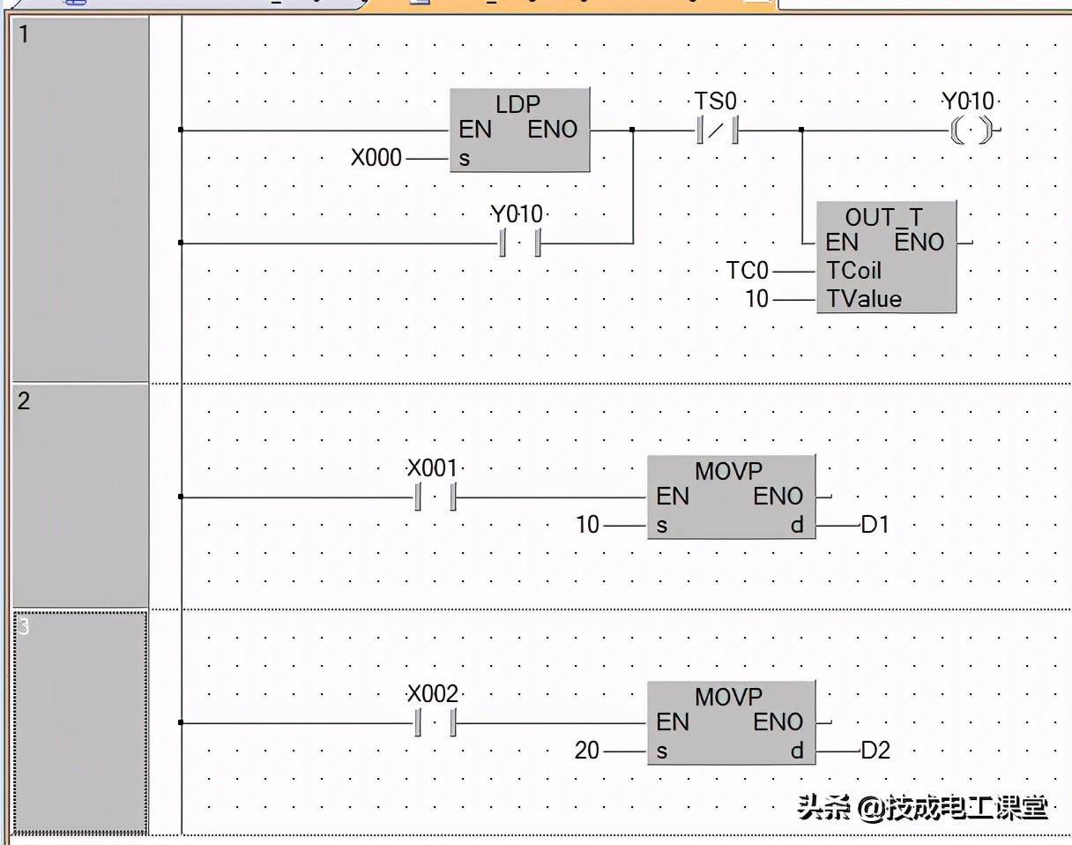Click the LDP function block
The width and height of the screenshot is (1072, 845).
point(519,130)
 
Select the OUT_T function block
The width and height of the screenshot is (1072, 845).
point(885,257)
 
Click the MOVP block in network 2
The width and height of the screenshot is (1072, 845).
point(730,497)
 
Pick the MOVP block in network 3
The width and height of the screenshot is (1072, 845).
point(730,722)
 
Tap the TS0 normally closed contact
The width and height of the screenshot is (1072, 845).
point(716,131)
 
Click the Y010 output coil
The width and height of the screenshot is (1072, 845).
point(967,131)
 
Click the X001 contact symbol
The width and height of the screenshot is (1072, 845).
point(434,497)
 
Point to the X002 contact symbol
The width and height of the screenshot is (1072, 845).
point(434,723)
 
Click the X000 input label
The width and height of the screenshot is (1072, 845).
point(376,159)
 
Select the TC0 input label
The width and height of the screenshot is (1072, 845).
point(748,271)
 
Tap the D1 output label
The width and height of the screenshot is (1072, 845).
point(875,526)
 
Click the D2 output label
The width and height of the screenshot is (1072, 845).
point(875,752)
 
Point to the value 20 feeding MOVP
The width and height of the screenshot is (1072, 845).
point(587,752)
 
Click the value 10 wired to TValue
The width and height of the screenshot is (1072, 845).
point(757,300)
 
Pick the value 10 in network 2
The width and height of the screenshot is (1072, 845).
point(587,526)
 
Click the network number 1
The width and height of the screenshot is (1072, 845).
point(24,35)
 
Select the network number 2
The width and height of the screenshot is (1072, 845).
point(24,401)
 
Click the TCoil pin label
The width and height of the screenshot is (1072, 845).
point(853,271)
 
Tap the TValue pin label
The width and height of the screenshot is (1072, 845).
point(864,300)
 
